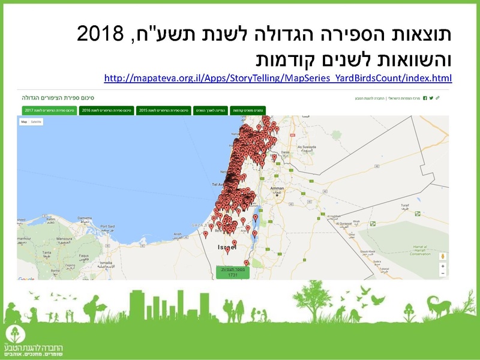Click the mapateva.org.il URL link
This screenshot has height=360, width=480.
[x=277, y=78]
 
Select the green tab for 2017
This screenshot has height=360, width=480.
[x=50, y=110]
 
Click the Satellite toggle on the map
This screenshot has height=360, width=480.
[x=37, y=122]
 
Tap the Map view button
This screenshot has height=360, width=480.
[x=24, y=122]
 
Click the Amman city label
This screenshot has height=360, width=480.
[x=277, y=188]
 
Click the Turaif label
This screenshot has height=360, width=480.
[x=405, y=205]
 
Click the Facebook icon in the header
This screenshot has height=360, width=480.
[x=425, y=98]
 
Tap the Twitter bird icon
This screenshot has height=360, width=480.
[x=431, y=98]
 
